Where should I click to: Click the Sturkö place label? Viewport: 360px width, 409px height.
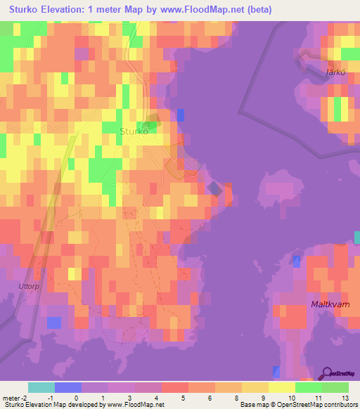point(134,131)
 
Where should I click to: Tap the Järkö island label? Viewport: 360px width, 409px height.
point(337,72)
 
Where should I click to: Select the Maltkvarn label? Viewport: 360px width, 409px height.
point(330,304)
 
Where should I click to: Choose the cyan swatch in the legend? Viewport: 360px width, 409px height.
point(41,387)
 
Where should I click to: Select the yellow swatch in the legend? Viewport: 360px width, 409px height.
point(281,387)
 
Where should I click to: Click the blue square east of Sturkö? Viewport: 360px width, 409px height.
point(181,115)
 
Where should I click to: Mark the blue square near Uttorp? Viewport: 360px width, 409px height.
point(53,322)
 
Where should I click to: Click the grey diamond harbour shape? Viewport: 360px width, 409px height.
point(214,188)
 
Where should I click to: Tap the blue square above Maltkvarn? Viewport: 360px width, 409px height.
point(297,261)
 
